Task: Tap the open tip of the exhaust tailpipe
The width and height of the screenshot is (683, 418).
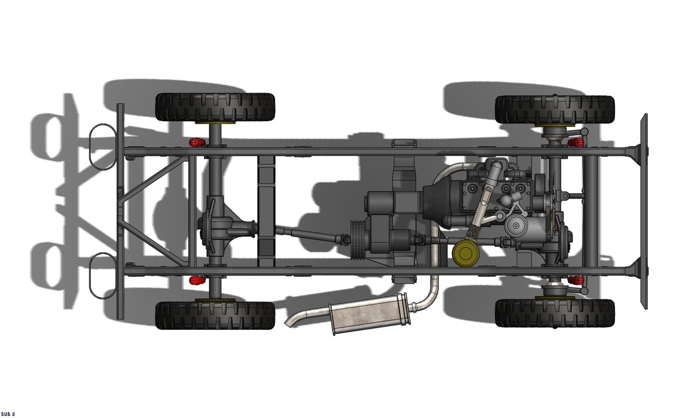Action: coord(288,322)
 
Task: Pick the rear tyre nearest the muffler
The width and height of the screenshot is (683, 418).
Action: coord(215,315)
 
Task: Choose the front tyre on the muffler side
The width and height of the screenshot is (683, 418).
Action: coord(555,312)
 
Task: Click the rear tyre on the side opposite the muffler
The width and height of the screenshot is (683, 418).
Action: coord(215,107)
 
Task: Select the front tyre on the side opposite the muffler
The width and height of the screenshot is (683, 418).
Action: coord(555,109)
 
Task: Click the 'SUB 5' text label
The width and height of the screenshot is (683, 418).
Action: coord(8,414)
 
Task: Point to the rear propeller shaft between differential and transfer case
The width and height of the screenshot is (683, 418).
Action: coord(309,234)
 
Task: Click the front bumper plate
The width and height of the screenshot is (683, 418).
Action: coord(643,212)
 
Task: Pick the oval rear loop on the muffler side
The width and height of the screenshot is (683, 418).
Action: coord(101,275)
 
